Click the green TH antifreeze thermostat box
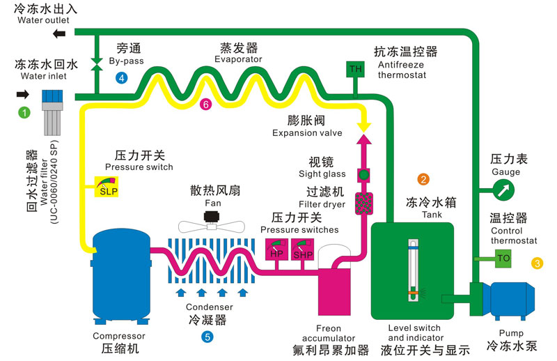[356, 68]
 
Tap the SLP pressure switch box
[107, 187]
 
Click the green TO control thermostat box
[504, 259]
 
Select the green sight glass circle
[363, 174]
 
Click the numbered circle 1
[24, 111]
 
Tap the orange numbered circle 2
[423, 179]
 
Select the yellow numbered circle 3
[537, 263]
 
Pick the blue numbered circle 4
[122, 77]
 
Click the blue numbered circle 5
[207, 337]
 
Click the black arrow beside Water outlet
[61, 34]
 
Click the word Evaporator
[238, 60]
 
